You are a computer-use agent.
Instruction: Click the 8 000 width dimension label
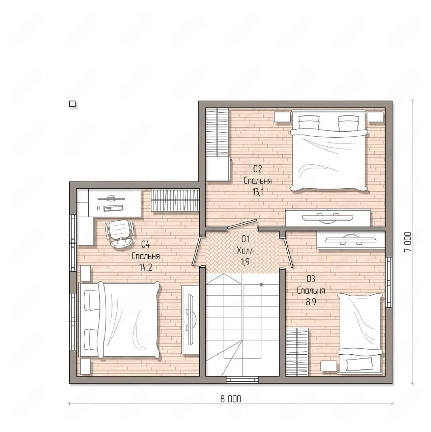click(231, 399)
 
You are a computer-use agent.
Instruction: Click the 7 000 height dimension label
click(408, 242)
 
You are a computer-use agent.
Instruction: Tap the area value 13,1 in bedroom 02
click(258, 192)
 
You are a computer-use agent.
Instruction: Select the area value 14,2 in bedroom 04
click(146, 267)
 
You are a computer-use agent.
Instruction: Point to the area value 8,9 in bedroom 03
click(311, 302)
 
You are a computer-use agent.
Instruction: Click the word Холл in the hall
click(245, 250)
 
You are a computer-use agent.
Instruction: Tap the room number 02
click(258, 169)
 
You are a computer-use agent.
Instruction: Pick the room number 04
click(146, 244)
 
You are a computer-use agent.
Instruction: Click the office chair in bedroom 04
click(120, 233)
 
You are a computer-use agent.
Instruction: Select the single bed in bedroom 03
click(360, 334)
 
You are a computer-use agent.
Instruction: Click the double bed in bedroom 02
click(329, 150)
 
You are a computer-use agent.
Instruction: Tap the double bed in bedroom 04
click(119, 321)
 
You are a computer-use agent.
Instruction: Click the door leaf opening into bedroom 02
click(242, 224)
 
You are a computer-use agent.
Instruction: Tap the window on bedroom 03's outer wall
click(389, 282)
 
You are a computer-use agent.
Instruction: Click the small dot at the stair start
click(261, 285)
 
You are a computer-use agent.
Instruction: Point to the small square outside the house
click(73, 104)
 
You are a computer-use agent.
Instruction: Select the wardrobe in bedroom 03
click(297, 352)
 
